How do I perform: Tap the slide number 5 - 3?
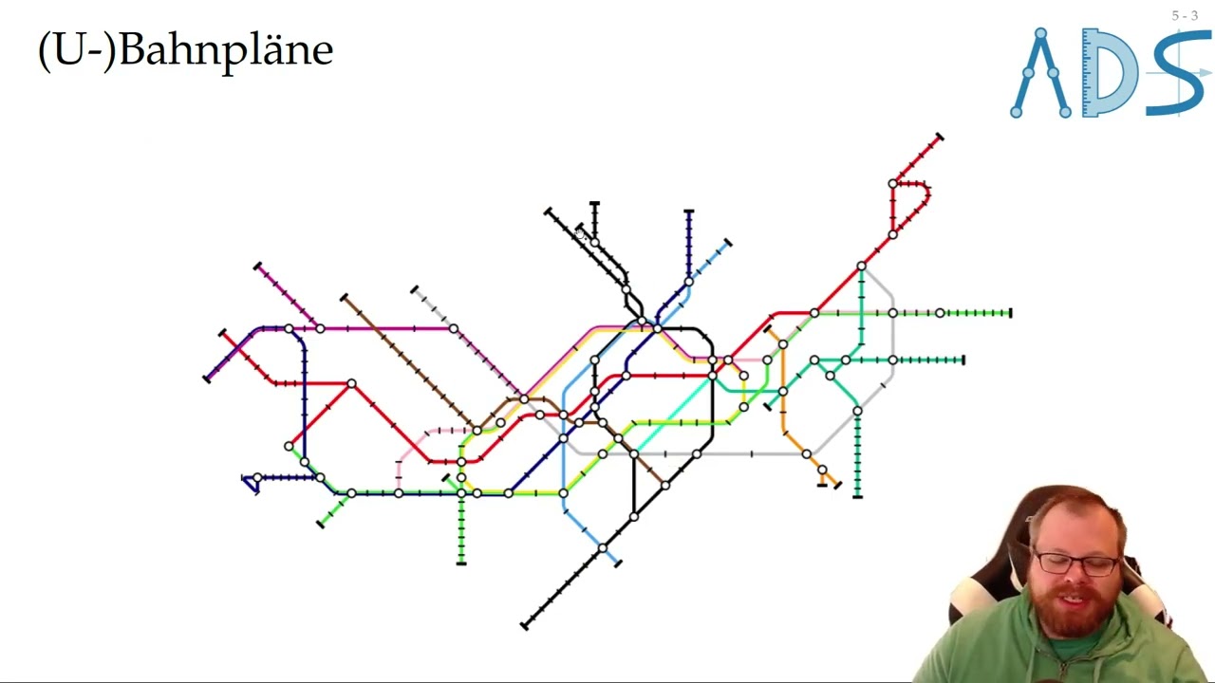(x=1185, y=15)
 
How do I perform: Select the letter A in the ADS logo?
(x=1040, y=74)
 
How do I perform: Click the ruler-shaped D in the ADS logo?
(x=1111, y=74)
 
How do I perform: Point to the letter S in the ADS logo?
(x=1177, y=74)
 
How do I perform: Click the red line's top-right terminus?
(x=939, y=138)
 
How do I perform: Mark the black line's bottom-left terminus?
(x=524, y=624)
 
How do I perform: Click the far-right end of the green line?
(x=1011, y=313)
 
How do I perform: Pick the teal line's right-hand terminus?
(x=963, y=360)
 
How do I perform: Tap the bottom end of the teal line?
(x=857, y=495)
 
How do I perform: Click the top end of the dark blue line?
(x=688, y=212)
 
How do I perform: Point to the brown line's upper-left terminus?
(x=344, y=298)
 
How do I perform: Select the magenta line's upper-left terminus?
(x=257, y=267)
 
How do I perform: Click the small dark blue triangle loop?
(x=252, y=483)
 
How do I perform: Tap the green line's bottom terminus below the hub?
(x=461, y=563)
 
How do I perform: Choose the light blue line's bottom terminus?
(x=617, y=563)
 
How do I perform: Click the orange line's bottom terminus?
(x=836, y=486)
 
